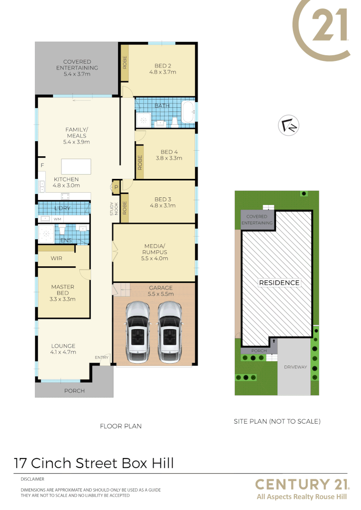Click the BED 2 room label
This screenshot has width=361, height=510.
click(x=163, y=69)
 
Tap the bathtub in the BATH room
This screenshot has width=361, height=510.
click(x=188, y=113)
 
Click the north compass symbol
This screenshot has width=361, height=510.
click(x=289, y=126)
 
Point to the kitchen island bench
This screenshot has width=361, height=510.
click(x=76, y=167)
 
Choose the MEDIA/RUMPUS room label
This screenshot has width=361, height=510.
click(x=155, y=252)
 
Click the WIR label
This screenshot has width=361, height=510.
click(x=56, y=258)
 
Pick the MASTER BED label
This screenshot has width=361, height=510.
click(x=62, y=293)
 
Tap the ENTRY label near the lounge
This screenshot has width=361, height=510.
click(x=102, y=357)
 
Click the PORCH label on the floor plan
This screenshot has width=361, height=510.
click(x=74, y=391)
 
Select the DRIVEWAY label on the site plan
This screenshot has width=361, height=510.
click(x=295, y=367)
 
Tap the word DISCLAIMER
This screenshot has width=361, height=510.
click(x=32, y=479)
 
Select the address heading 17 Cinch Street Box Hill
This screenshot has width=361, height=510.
click(x=94, y=463)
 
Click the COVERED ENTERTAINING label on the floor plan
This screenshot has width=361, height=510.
click(x=77, y=68)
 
